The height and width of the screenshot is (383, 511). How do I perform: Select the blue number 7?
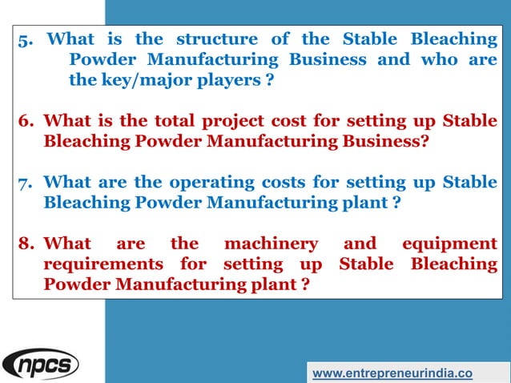tap(26, 183)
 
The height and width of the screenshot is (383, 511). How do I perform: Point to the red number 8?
tap(26, 244)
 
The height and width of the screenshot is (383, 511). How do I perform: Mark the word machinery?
tap(271, 244)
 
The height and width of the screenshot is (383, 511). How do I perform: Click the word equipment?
tap(450, 244)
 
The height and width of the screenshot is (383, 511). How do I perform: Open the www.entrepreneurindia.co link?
tap(392, 373)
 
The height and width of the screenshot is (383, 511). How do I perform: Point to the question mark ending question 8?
tap(305, 284)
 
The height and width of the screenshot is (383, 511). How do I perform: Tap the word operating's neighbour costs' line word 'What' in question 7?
tap(67, 183)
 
